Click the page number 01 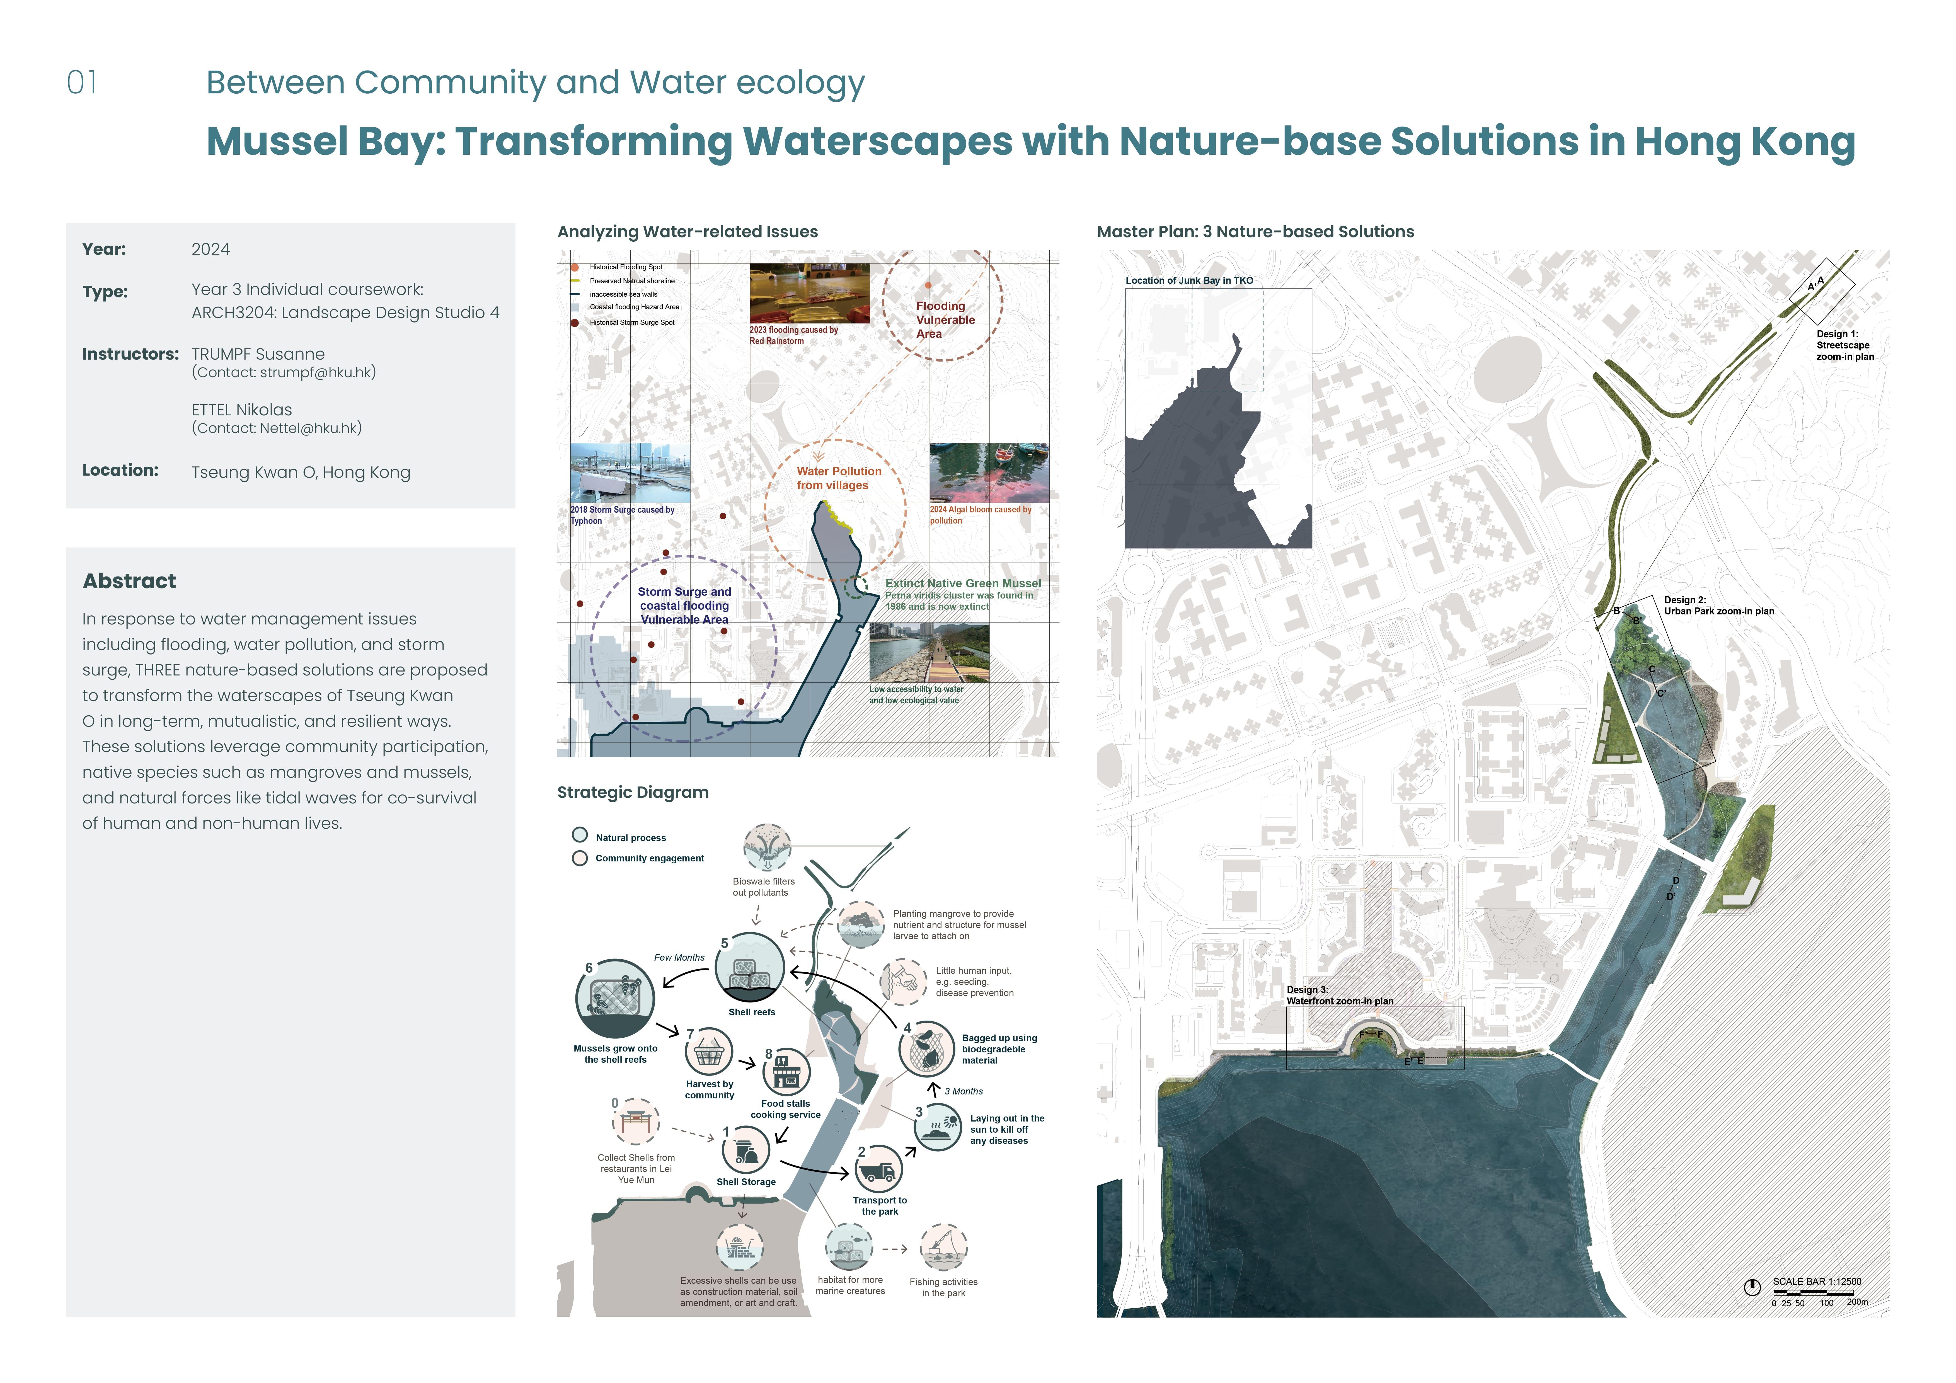[x=82, y=83]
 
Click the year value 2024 [x=210, y=249]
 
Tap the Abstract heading [x=129, y=581]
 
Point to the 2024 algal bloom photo [x=989, y=473]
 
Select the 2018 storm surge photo [x=630, y=473]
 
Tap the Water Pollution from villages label [x=839, y=478]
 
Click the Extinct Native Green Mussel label [x=963, y=584]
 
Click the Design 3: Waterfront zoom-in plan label [x=1340, y=995]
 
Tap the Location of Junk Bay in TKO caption [x=1189, y=280]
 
